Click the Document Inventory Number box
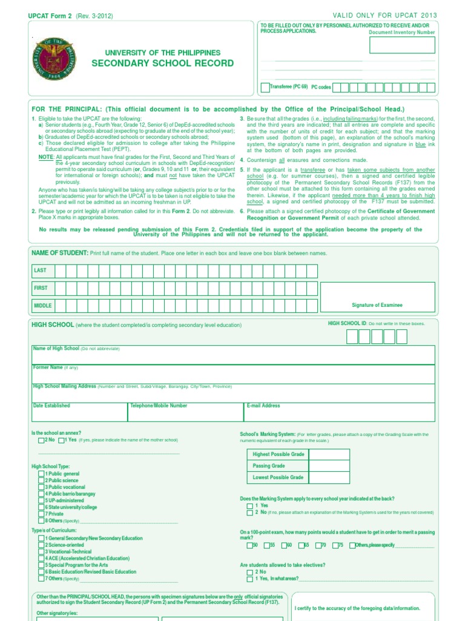click(x=402, y=45)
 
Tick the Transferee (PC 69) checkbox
click(x=265, y=87)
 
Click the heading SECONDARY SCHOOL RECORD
click(x=162, y=64)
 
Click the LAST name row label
click(x=41, y=270)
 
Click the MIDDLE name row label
click(x=43, y=306)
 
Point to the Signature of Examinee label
click(x=377, y=305)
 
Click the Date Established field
click(x=79, y=412)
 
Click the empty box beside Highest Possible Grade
click(x=329, y=454)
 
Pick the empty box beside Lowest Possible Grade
click(x=329, y=477)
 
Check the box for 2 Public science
click(x=41, y=480)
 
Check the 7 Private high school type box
click(x=41, y=514)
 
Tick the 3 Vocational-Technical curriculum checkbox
click(x=41, y=552)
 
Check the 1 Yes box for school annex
click(x=61, y=440)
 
